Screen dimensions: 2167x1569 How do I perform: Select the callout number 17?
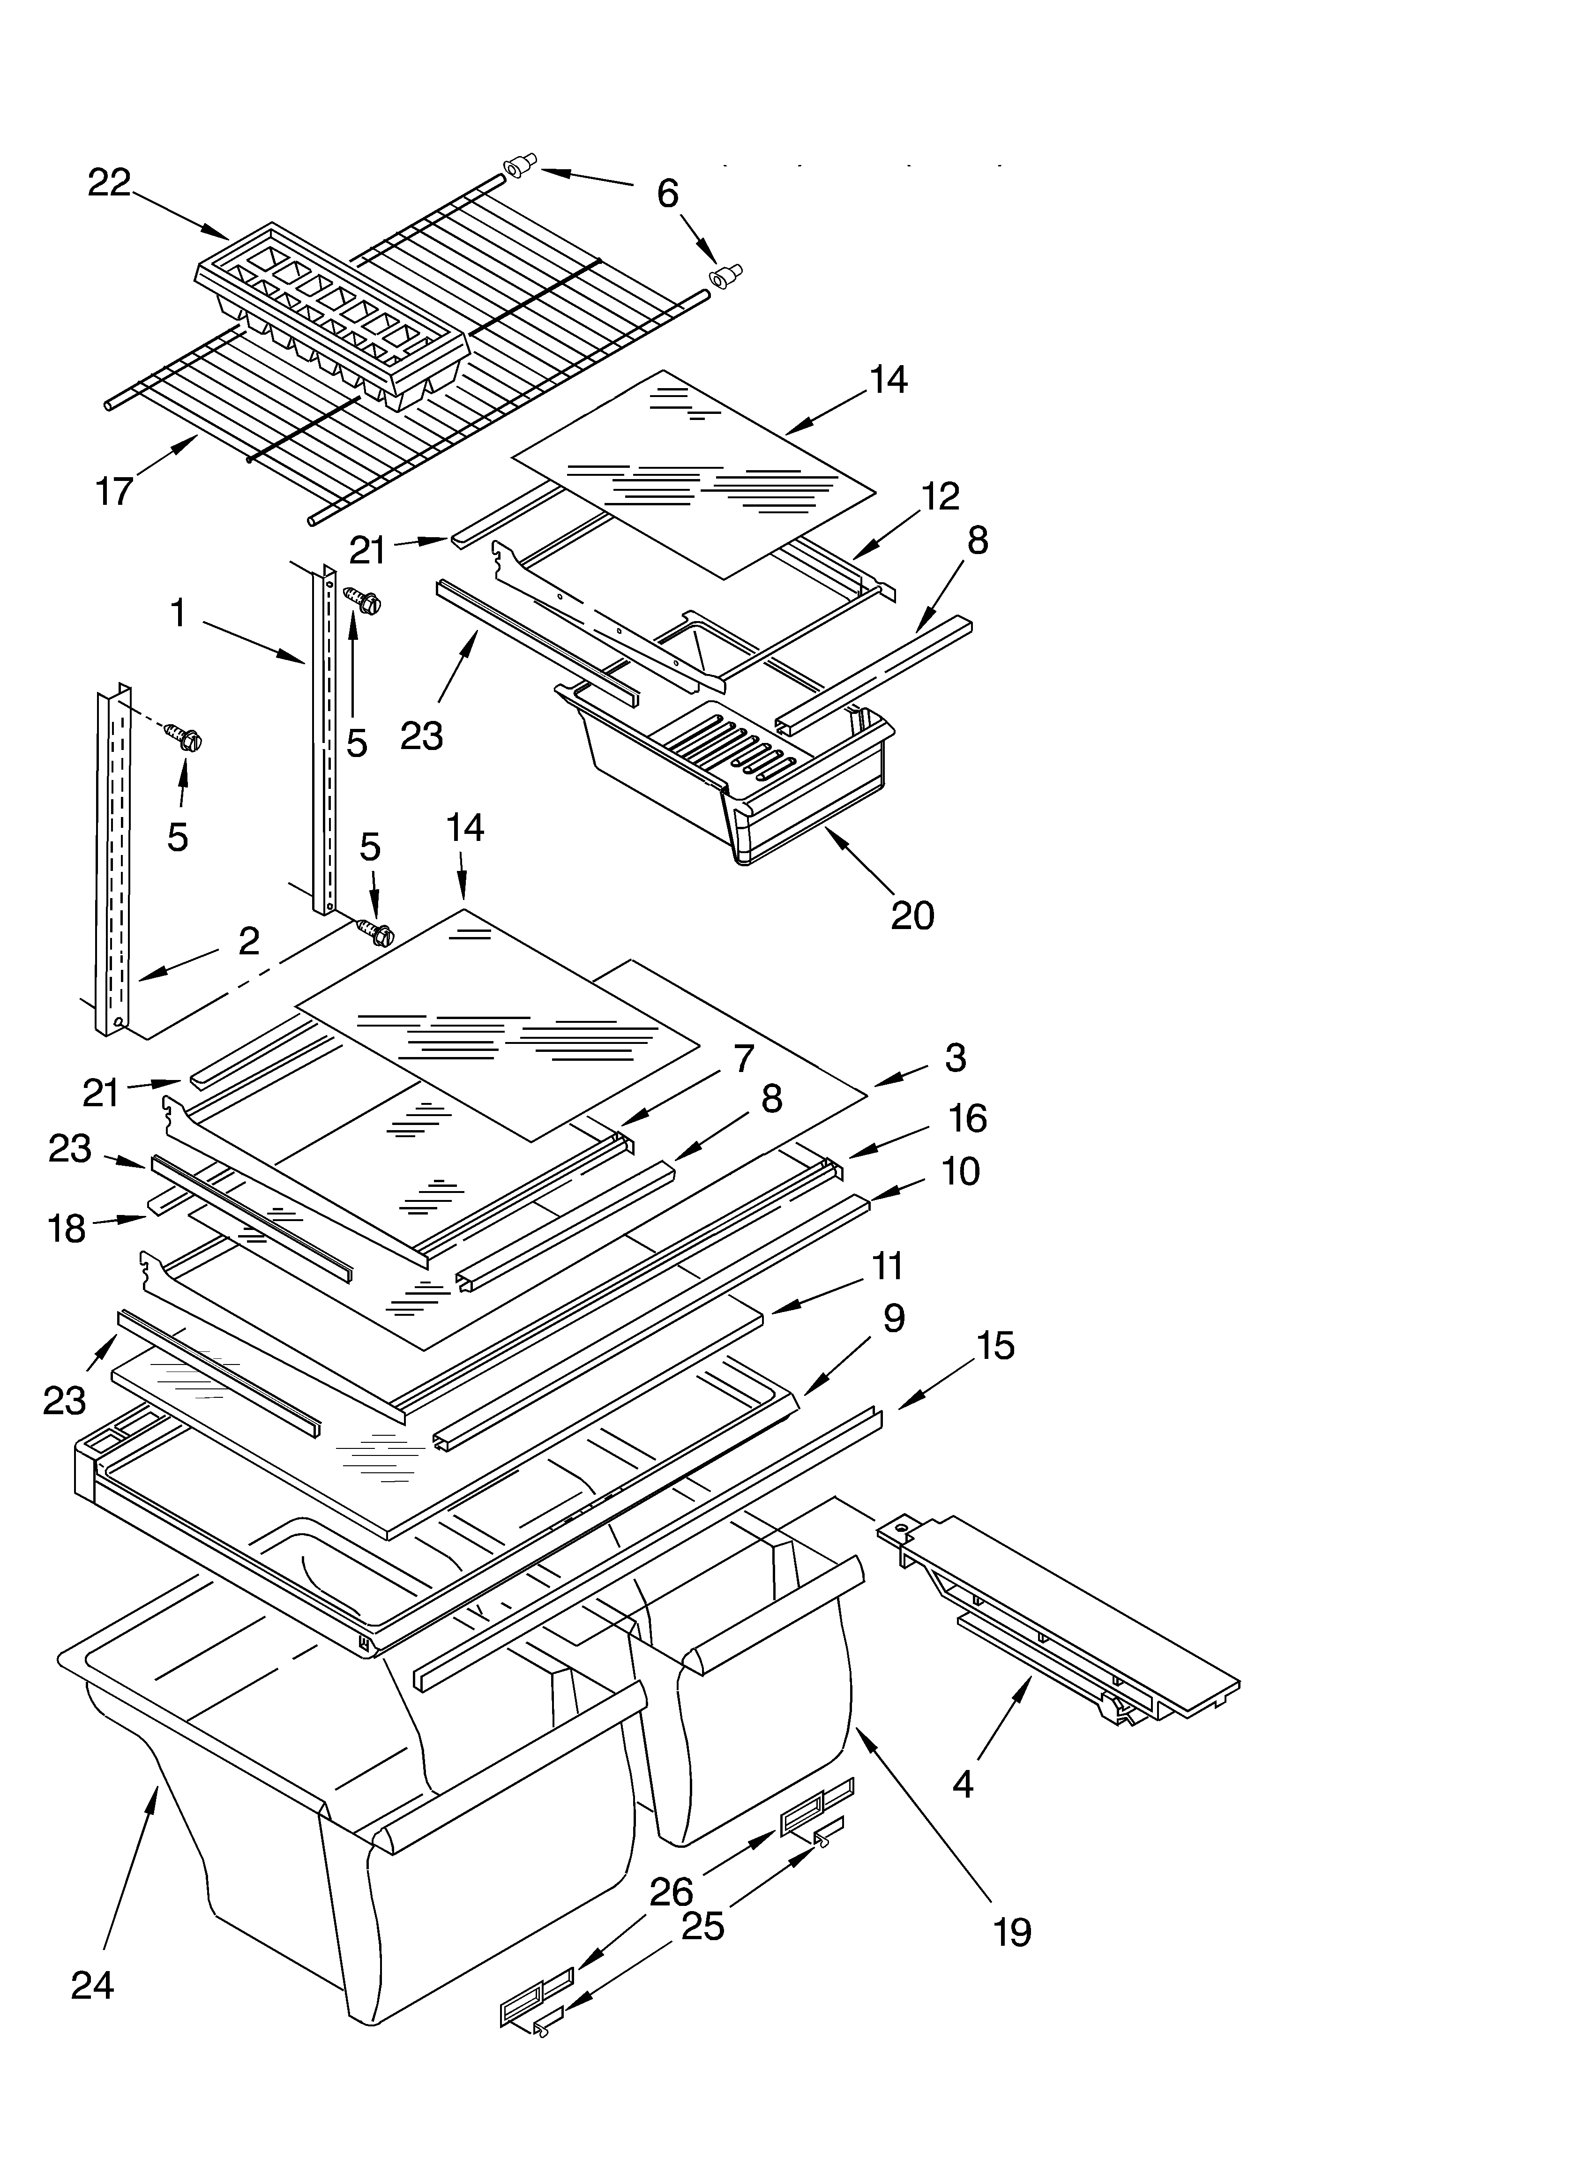click(114, 492)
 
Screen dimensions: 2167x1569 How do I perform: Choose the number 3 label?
click(955, 1057)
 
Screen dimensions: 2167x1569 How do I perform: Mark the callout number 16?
click(967, 1118)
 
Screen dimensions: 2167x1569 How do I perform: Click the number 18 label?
click(67, 1229)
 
